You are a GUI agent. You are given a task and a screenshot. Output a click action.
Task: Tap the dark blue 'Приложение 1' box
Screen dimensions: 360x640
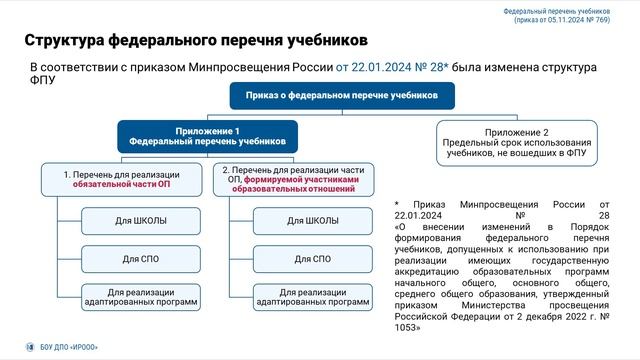[x=207, y=137]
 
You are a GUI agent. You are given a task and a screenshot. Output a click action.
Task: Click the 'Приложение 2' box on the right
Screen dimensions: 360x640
[x=517, y=143]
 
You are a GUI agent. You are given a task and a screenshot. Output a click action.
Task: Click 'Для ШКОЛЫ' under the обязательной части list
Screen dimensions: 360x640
[x=144, y=220]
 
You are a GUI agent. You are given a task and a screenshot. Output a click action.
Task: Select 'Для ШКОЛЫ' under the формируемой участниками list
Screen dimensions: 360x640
[x=312, y=220]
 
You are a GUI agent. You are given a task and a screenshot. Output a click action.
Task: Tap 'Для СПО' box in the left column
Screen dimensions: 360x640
[x=144, y=258]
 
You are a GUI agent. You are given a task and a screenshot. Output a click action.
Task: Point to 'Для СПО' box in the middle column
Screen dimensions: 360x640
[x=312, y=258]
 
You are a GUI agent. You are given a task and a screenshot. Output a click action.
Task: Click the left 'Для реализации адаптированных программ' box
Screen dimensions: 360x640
[x=144, y=296]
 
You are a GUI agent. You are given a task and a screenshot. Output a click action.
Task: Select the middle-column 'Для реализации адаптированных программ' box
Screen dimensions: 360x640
[x=312, y=296]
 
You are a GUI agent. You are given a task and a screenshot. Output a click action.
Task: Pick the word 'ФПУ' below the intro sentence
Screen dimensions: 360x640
[x=42, y=81]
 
